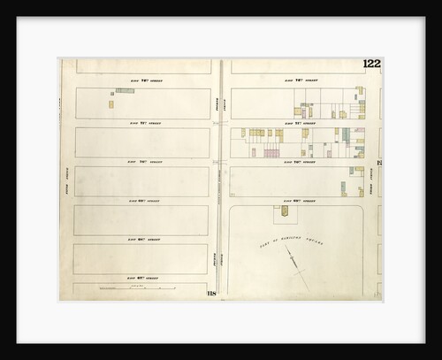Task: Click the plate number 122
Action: pos(370,64)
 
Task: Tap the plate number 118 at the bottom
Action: pos(212,293)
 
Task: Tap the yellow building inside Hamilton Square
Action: pos(284,212)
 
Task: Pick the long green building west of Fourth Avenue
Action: pos(125,90)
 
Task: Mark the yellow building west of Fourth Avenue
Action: pos(111,103)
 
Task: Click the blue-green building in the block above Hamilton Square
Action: pos(343,188)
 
